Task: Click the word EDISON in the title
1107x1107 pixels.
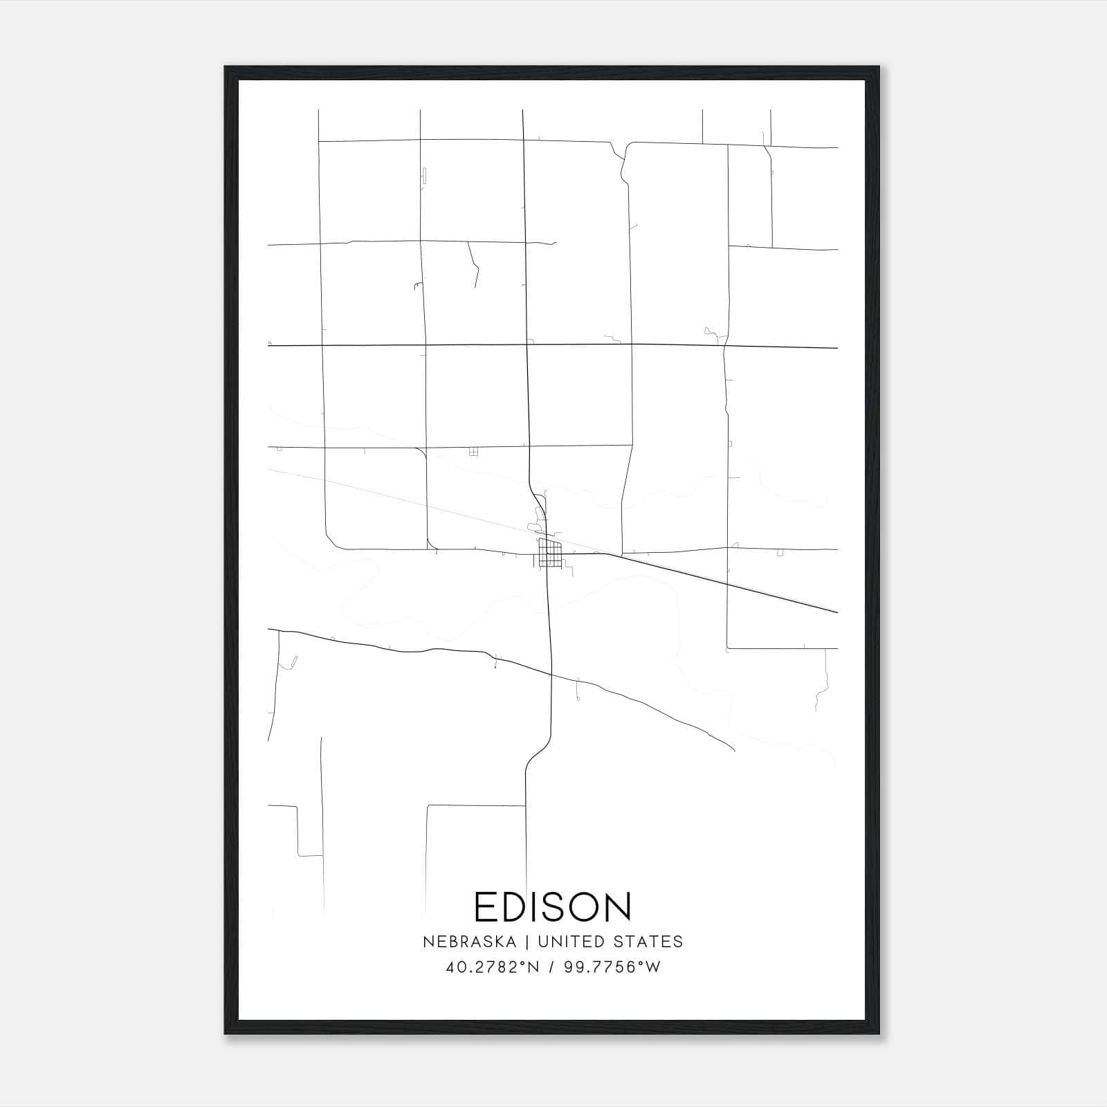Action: pyautogui.click(x=553, y=906)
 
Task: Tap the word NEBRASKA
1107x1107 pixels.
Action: pyautogui.click(x=469, y=942)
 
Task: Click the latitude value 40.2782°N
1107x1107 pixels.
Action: pyautogui.click(x=492, y=967)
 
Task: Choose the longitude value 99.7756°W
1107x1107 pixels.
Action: pyautogui.click(x=612, y=967)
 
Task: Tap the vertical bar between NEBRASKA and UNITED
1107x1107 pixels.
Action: pyautogui.click(x=527, y=942)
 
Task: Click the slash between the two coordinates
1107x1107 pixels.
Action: pyautogui.click(x=551, y=967)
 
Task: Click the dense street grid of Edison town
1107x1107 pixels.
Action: pyautogui.click(x=550, y=553)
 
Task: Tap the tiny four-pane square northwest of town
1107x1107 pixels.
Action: pyautogui.click(x=473, y=451)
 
